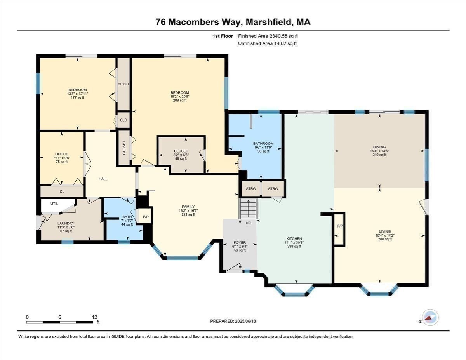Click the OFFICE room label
click(61, 154)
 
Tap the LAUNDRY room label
click(66, 223)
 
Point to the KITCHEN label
click(294, 238)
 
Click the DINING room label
click(380, 147)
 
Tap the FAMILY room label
click(188, 207)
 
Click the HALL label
click(103, 179)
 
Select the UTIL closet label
click(54, 203)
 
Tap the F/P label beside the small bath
click(146, 217)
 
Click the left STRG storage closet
click(251, 189)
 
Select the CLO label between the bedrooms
click(123, 120)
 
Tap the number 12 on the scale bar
click(94, 317)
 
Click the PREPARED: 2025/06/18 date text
click(233, 321)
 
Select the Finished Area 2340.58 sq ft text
click(268, 36)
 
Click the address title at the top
click(233, 23)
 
